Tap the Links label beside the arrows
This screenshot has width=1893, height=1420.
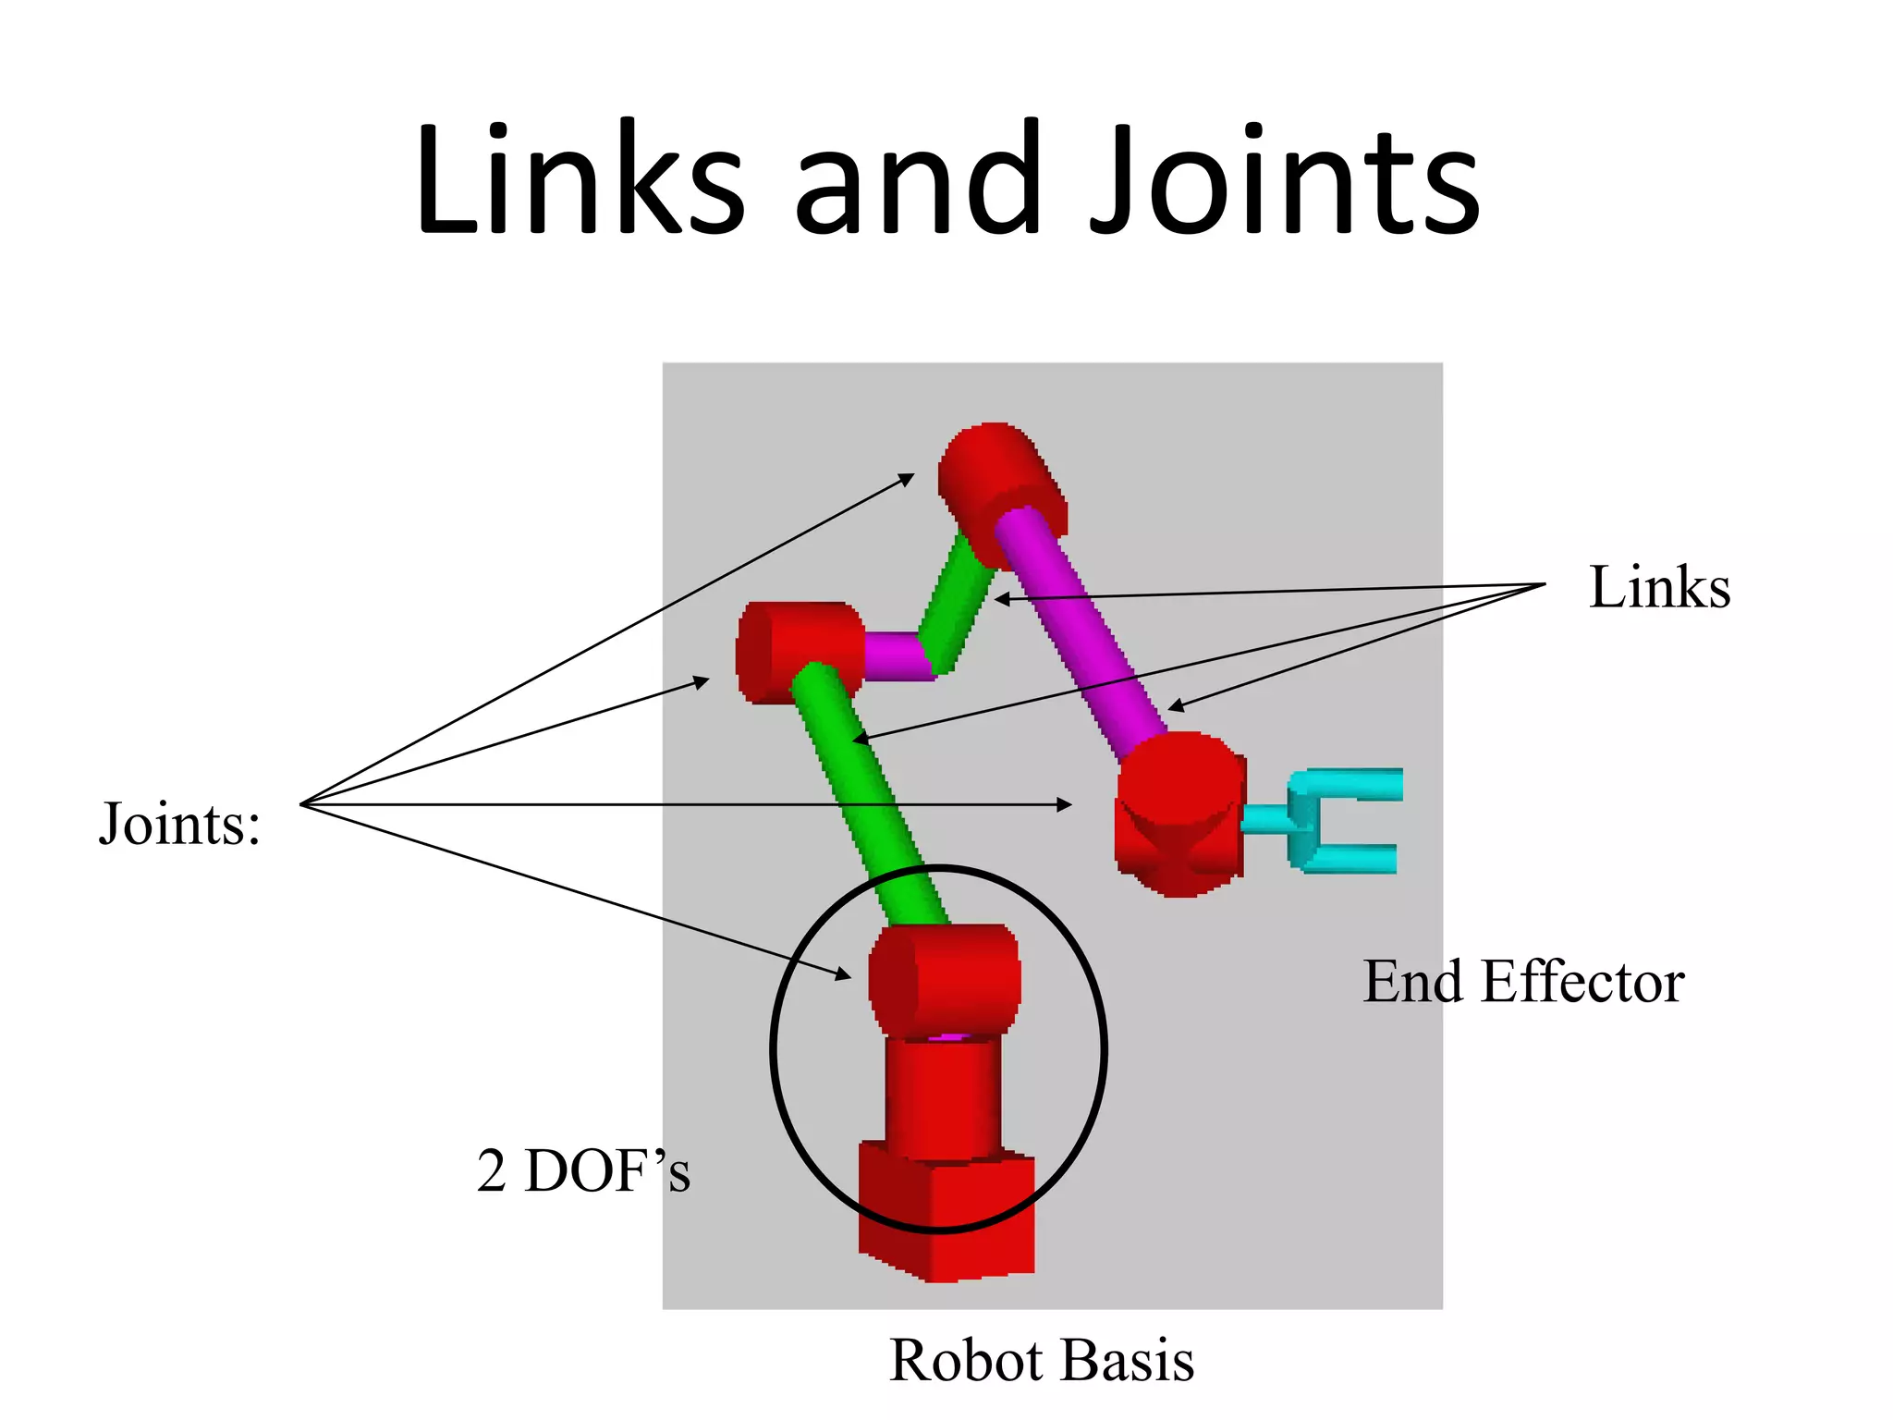click(1659, 587)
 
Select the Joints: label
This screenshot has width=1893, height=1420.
click(180, 823)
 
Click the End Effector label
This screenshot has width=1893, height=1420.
click(1523, 981)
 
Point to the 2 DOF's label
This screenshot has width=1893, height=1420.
click(583, 1171)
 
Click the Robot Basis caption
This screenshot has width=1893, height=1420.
click(1042, 1360)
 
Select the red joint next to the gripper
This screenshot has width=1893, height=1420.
click(1179, 814)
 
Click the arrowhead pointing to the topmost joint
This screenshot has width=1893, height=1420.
click(908, 479)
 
